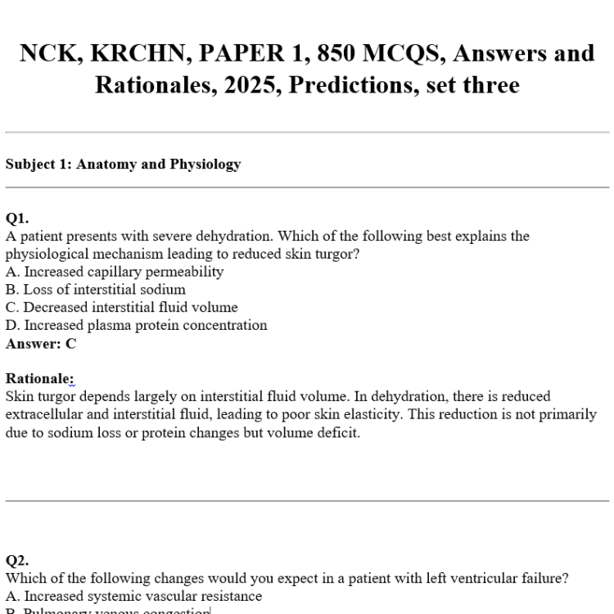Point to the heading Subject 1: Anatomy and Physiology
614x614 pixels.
(x=123, y=164)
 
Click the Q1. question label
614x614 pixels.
(x=17, y=218)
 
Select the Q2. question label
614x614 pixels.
(x=17, y=561)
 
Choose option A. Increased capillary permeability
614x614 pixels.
(x=114, y=271)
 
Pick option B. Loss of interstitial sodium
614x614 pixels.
(x=95, y=289)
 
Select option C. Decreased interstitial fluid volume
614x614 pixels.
(x=121, y=307)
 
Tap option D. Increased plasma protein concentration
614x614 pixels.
(x=136, y=325)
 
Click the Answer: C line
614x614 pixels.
(x=41, y=344)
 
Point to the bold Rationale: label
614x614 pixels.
(x=39, y=378)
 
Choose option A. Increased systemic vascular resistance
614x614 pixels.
(x=133, y=596)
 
